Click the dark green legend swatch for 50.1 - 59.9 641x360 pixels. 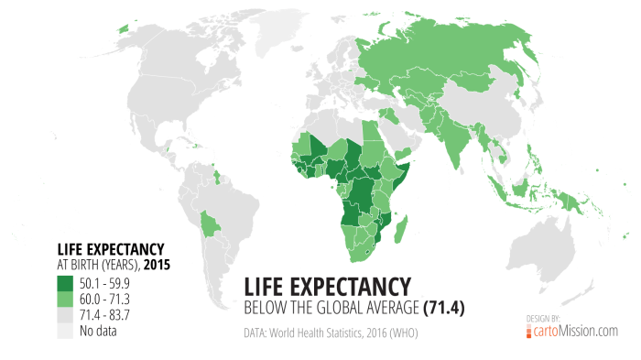[66, 281]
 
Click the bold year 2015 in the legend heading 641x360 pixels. [157, 265]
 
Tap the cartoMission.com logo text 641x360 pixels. [577, 332]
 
